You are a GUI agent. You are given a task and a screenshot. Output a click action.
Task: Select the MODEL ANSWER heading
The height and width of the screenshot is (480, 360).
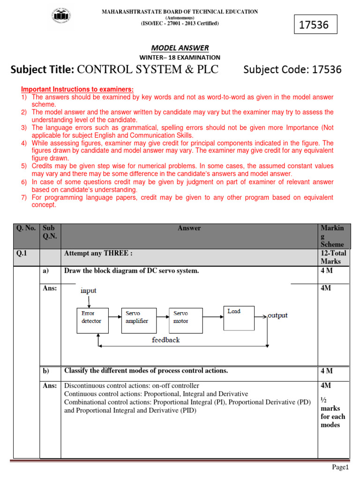tap(180, 48)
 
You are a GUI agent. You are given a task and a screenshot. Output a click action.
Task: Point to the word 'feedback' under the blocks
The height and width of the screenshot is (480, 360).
tap(165, 339)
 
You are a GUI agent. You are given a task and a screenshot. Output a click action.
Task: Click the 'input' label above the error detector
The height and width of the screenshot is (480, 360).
tap(88, 291)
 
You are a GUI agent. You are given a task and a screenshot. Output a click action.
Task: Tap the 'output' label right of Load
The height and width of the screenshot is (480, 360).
tap(277, 315)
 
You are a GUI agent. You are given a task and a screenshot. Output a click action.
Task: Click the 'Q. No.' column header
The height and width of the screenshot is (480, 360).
tap(26, 228)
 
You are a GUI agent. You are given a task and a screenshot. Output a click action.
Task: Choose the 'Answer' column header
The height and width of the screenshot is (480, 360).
tap(189, 228)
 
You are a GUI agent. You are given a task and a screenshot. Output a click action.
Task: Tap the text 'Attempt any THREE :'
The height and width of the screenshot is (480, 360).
tap(98, 253)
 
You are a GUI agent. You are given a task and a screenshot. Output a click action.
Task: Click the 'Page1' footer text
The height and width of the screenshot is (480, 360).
tap(341, 467)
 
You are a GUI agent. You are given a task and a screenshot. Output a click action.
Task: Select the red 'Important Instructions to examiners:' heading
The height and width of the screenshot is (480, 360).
tap(77, 90)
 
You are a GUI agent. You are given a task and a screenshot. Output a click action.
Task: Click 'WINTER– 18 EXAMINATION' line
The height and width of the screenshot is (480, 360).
tap(180, 57)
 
